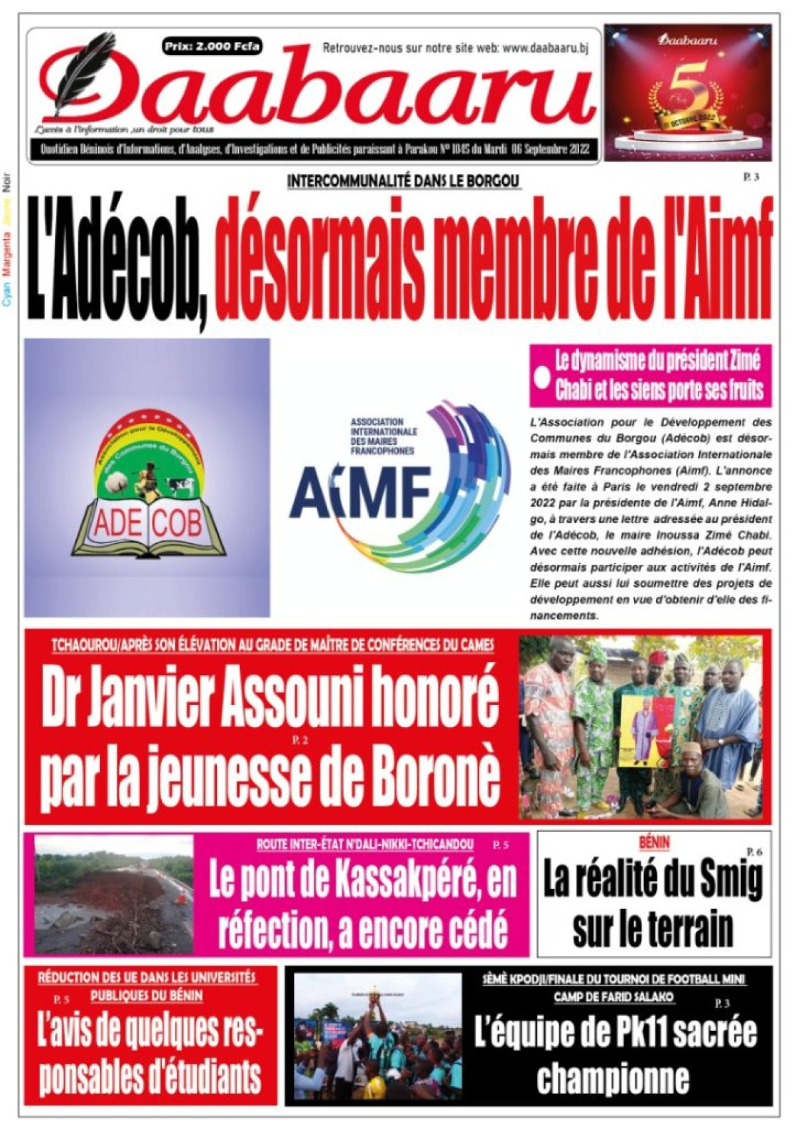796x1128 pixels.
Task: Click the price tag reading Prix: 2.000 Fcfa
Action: (x=212, y=46)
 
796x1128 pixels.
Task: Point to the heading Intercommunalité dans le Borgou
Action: (x=404, y=181)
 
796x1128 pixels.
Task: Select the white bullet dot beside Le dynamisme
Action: (x=543, y=378)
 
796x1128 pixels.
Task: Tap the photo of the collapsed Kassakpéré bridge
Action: (x=113, y=894)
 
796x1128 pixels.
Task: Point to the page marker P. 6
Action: (x=754, y=852)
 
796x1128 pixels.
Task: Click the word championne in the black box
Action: (x=613, y=1078)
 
